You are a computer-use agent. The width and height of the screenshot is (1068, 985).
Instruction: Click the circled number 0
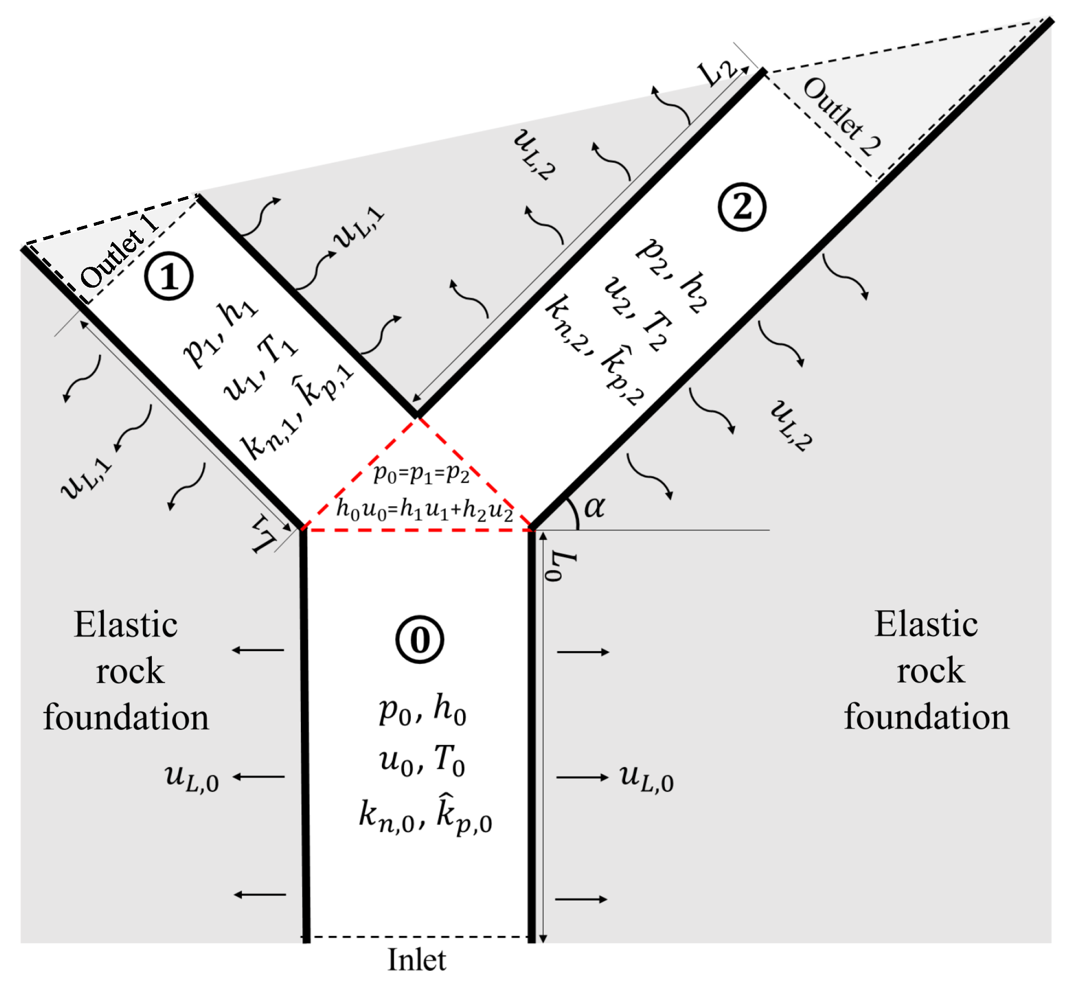click(419, 639)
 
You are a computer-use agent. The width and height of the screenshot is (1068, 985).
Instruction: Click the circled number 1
click(169, 276)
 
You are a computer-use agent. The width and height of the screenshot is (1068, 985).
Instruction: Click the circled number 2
click(741, 206)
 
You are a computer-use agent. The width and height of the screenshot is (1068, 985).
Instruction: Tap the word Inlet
click(416, 960)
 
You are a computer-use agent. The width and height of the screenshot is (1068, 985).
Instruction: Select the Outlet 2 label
click(842, 116)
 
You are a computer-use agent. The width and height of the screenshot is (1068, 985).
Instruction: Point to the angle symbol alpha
click(594, 506)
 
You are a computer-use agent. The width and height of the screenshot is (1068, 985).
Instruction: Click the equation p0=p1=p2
click(421, 473)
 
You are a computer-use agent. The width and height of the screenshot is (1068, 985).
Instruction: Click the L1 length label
click(263, 535)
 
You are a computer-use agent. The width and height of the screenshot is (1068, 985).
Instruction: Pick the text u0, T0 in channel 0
click(422, 760)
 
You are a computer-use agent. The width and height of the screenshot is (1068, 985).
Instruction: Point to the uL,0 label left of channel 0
click(191, 778)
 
